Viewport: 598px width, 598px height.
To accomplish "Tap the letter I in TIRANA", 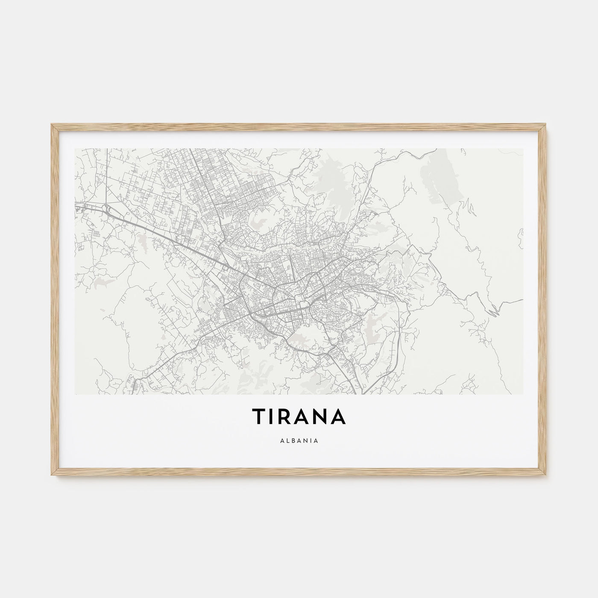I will point(275,416).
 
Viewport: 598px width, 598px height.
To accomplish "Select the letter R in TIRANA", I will point(289,416).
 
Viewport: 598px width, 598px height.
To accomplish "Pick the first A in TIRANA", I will point(305,416).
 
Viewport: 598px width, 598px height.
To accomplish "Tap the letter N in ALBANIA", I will point(305,440).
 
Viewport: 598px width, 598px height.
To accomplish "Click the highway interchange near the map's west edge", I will point(107,208).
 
